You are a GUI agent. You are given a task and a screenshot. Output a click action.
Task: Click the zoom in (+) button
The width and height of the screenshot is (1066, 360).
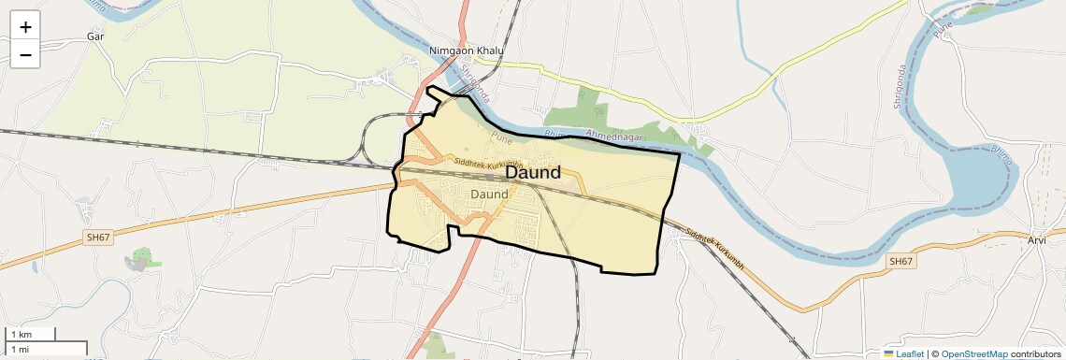click(25, 27)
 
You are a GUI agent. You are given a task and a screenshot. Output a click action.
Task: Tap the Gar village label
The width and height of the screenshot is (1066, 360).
click(94, 36)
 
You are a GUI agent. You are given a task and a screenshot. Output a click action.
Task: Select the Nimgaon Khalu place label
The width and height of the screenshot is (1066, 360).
click(466, 50)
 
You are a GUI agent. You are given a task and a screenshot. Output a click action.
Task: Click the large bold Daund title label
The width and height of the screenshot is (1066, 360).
click(533, 172)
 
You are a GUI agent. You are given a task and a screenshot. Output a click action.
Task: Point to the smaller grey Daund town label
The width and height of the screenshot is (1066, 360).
click(489, 194)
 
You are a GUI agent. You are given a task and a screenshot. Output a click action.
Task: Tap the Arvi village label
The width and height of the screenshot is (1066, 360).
click(1036, 240)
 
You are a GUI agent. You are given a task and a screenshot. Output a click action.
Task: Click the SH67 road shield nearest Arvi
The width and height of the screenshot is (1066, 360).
click(900, 262)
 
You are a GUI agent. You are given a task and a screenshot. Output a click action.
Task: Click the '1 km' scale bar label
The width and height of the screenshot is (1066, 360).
click(21, 335)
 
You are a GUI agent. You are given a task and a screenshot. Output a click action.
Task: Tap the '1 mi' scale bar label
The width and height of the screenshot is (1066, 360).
click(21, 349)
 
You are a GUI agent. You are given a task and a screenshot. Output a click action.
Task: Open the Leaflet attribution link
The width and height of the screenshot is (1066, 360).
click(909, 353)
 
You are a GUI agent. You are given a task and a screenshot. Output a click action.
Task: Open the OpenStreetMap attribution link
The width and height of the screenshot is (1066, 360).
click(973, 353)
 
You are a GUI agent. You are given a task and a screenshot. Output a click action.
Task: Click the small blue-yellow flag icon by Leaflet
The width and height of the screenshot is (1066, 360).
click(888, 353)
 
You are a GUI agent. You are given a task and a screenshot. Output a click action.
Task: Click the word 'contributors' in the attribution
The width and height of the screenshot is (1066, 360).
click(1036, 353)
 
